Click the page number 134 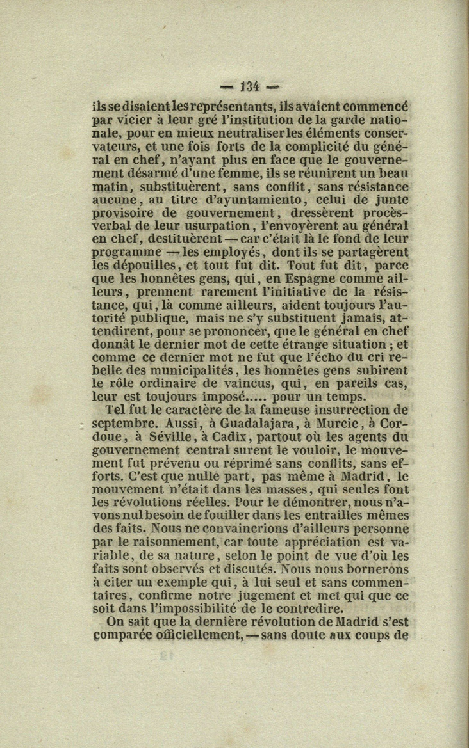click(250, 86)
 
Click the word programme click(126, 252)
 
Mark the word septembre click(124, 423)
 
